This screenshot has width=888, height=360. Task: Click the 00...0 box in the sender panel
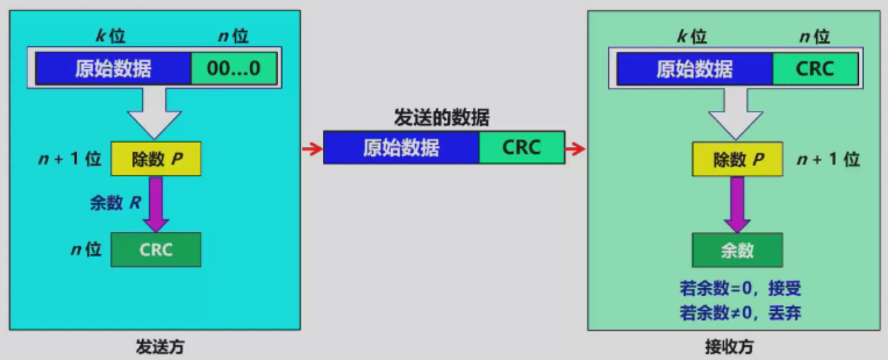point(234,68)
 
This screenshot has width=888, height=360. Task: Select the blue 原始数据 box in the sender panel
point(113,68)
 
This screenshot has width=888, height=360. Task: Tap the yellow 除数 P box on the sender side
point(156,159)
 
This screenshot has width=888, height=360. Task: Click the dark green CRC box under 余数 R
point(156,250)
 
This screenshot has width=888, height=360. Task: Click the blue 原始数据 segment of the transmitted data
point(401,147)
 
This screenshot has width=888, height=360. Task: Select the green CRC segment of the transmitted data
point(521,147)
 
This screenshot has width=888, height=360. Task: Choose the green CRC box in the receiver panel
point(815,68)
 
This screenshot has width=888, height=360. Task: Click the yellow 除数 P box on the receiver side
point(737,159)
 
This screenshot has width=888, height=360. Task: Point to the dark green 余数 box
point(737,250)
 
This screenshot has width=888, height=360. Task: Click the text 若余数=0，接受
point(740,289)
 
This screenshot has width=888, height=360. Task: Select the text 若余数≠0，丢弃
point(740,312)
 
